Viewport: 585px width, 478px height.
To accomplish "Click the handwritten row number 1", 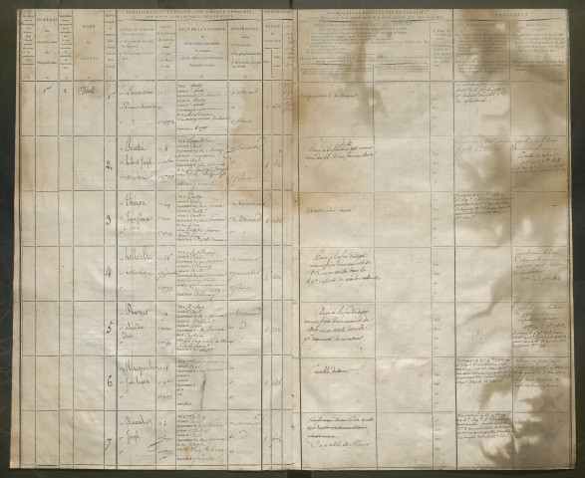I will (112, 98).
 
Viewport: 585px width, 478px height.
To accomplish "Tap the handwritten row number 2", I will (111, 164).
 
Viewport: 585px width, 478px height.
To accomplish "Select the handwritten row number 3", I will (111, 220).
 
